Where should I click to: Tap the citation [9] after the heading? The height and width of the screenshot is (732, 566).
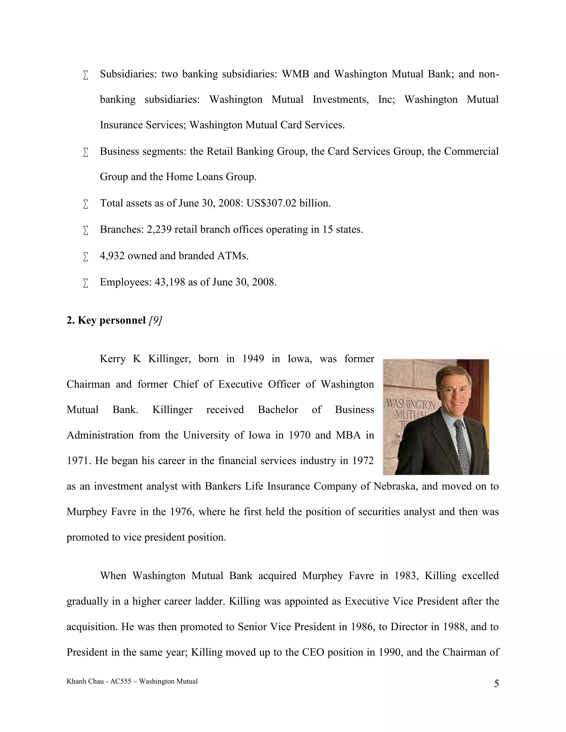click(155, 320)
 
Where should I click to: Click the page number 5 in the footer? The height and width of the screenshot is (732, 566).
click(496, 683)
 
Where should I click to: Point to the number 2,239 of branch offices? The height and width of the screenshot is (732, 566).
click(159, 230)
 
